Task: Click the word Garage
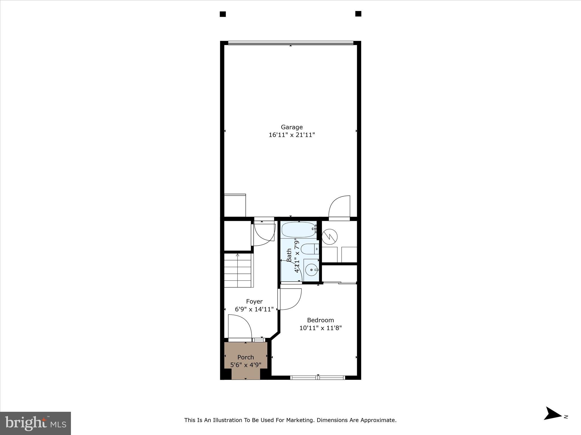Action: coord(292,127)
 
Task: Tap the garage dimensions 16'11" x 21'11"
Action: coord(292,135)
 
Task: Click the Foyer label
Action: coord(254,301)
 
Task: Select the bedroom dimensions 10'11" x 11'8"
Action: coord(320,328)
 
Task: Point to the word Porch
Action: coord(245,357)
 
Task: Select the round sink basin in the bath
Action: coord(311,270)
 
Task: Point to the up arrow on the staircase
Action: coord(237,256)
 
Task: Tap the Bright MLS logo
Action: coord(35,423)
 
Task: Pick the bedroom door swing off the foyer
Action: coord(290,299)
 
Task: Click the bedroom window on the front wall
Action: coord(318,377)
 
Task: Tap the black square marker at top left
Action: coord(223,14)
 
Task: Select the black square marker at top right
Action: coord(358,14)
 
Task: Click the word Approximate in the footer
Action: coord(378,420)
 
